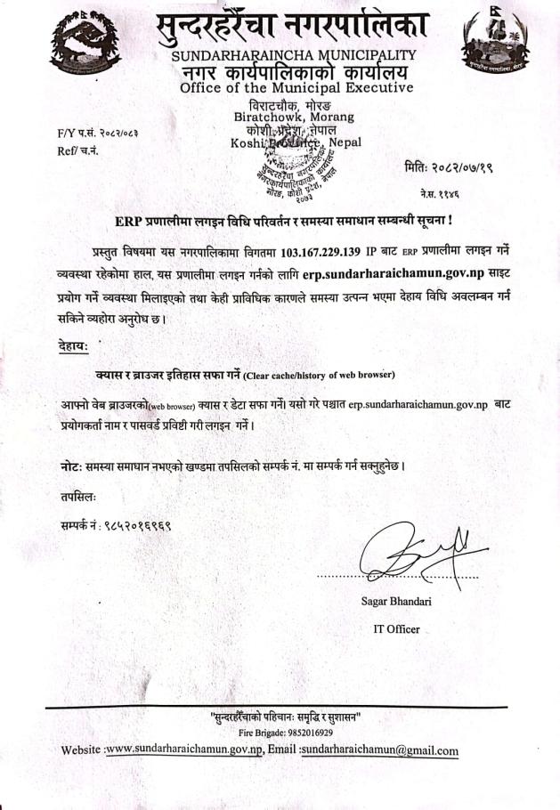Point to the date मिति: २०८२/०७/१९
(455, 166)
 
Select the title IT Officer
(396, 629)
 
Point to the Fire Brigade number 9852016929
(287, 733)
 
